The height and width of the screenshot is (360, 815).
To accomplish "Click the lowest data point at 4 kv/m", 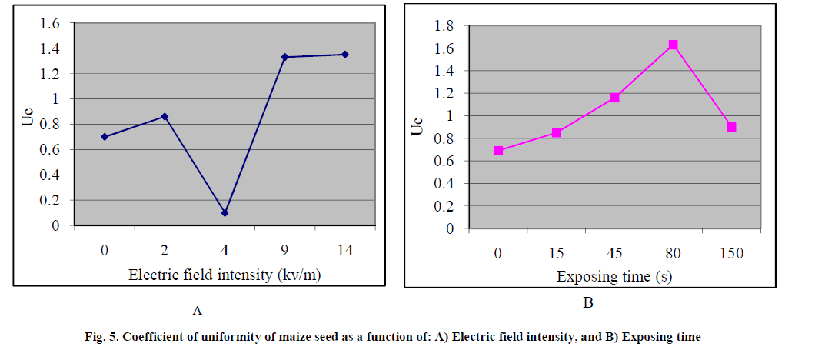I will click(x=225, y=212).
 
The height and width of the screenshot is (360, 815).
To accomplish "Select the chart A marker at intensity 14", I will click(x=345, y=54).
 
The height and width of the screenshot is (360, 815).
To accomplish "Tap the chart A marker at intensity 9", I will click(x=284, y=57).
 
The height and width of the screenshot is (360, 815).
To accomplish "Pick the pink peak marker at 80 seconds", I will click(x=673, y=45).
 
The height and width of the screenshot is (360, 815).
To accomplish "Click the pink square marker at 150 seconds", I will click(x=731, y=127).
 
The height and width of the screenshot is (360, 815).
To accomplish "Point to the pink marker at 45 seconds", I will click(x=614, y=98).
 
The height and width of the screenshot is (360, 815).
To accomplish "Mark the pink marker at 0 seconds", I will click(x=498, y=151).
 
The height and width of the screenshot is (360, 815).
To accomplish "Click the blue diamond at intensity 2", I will click(x=164, y=116).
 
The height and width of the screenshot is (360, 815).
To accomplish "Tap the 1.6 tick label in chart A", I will click(x=50, y=24).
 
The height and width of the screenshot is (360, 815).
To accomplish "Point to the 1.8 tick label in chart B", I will click(x=445, y=26).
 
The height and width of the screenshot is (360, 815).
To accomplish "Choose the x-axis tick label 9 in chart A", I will click(x=284, y=251).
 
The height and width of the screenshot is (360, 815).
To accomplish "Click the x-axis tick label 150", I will click(x=731, y=254).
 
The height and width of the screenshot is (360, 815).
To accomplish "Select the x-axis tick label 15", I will click(x=556, y=254).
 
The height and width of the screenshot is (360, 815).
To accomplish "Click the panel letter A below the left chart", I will click(x=198, y=312).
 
